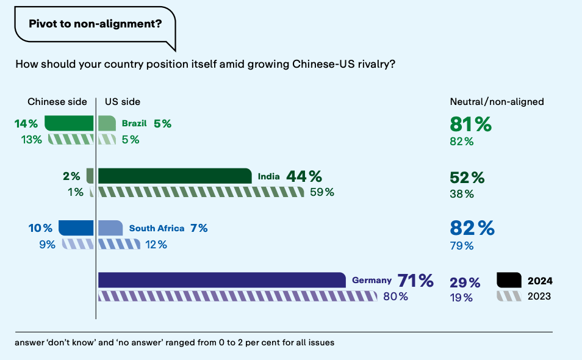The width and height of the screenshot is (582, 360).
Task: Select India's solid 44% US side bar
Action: point(174,176)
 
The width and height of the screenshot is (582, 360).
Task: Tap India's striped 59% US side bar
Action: point(201,192)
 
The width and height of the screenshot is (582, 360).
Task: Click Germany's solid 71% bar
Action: point(222,280)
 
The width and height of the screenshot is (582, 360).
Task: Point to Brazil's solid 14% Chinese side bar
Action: point(68,123)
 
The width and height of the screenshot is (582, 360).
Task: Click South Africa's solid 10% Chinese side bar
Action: point(76,228)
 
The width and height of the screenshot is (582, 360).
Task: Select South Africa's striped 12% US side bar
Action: point(119,244)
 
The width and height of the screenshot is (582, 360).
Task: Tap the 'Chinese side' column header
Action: point(57,102)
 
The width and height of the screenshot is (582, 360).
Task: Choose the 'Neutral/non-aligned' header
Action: point(497,102)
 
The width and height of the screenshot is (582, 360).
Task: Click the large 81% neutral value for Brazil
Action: point(470,124)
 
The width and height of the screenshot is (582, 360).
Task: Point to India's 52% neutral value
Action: point(467,178)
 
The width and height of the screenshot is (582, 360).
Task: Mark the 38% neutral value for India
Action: point(462,194)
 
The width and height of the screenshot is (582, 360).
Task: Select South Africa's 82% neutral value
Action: point(472,228)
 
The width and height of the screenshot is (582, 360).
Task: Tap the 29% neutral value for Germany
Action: point(465,283)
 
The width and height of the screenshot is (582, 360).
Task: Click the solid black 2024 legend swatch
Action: point(509,281)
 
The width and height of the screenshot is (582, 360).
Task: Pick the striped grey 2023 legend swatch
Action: point(509,296)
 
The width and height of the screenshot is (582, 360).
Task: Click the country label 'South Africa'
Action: point(156,228)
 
